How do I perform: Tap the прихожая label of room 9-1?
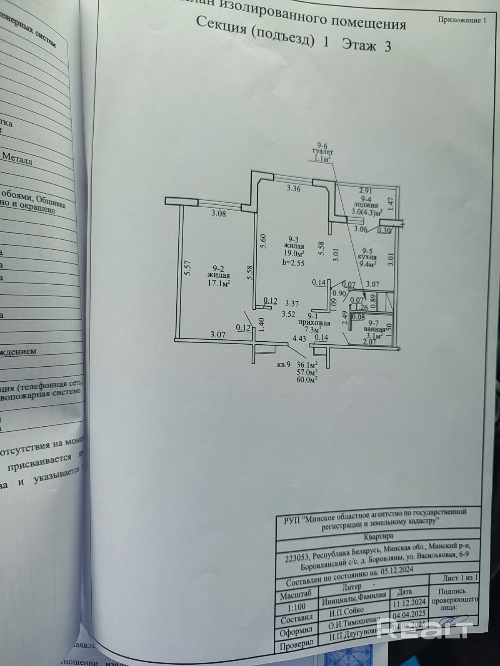click(315, 323)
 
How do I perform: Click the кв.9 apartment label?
click(283, 365)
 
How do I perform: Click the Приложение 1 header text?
click(462, 20)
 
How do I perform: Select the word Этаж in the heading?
click(359, 44)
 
